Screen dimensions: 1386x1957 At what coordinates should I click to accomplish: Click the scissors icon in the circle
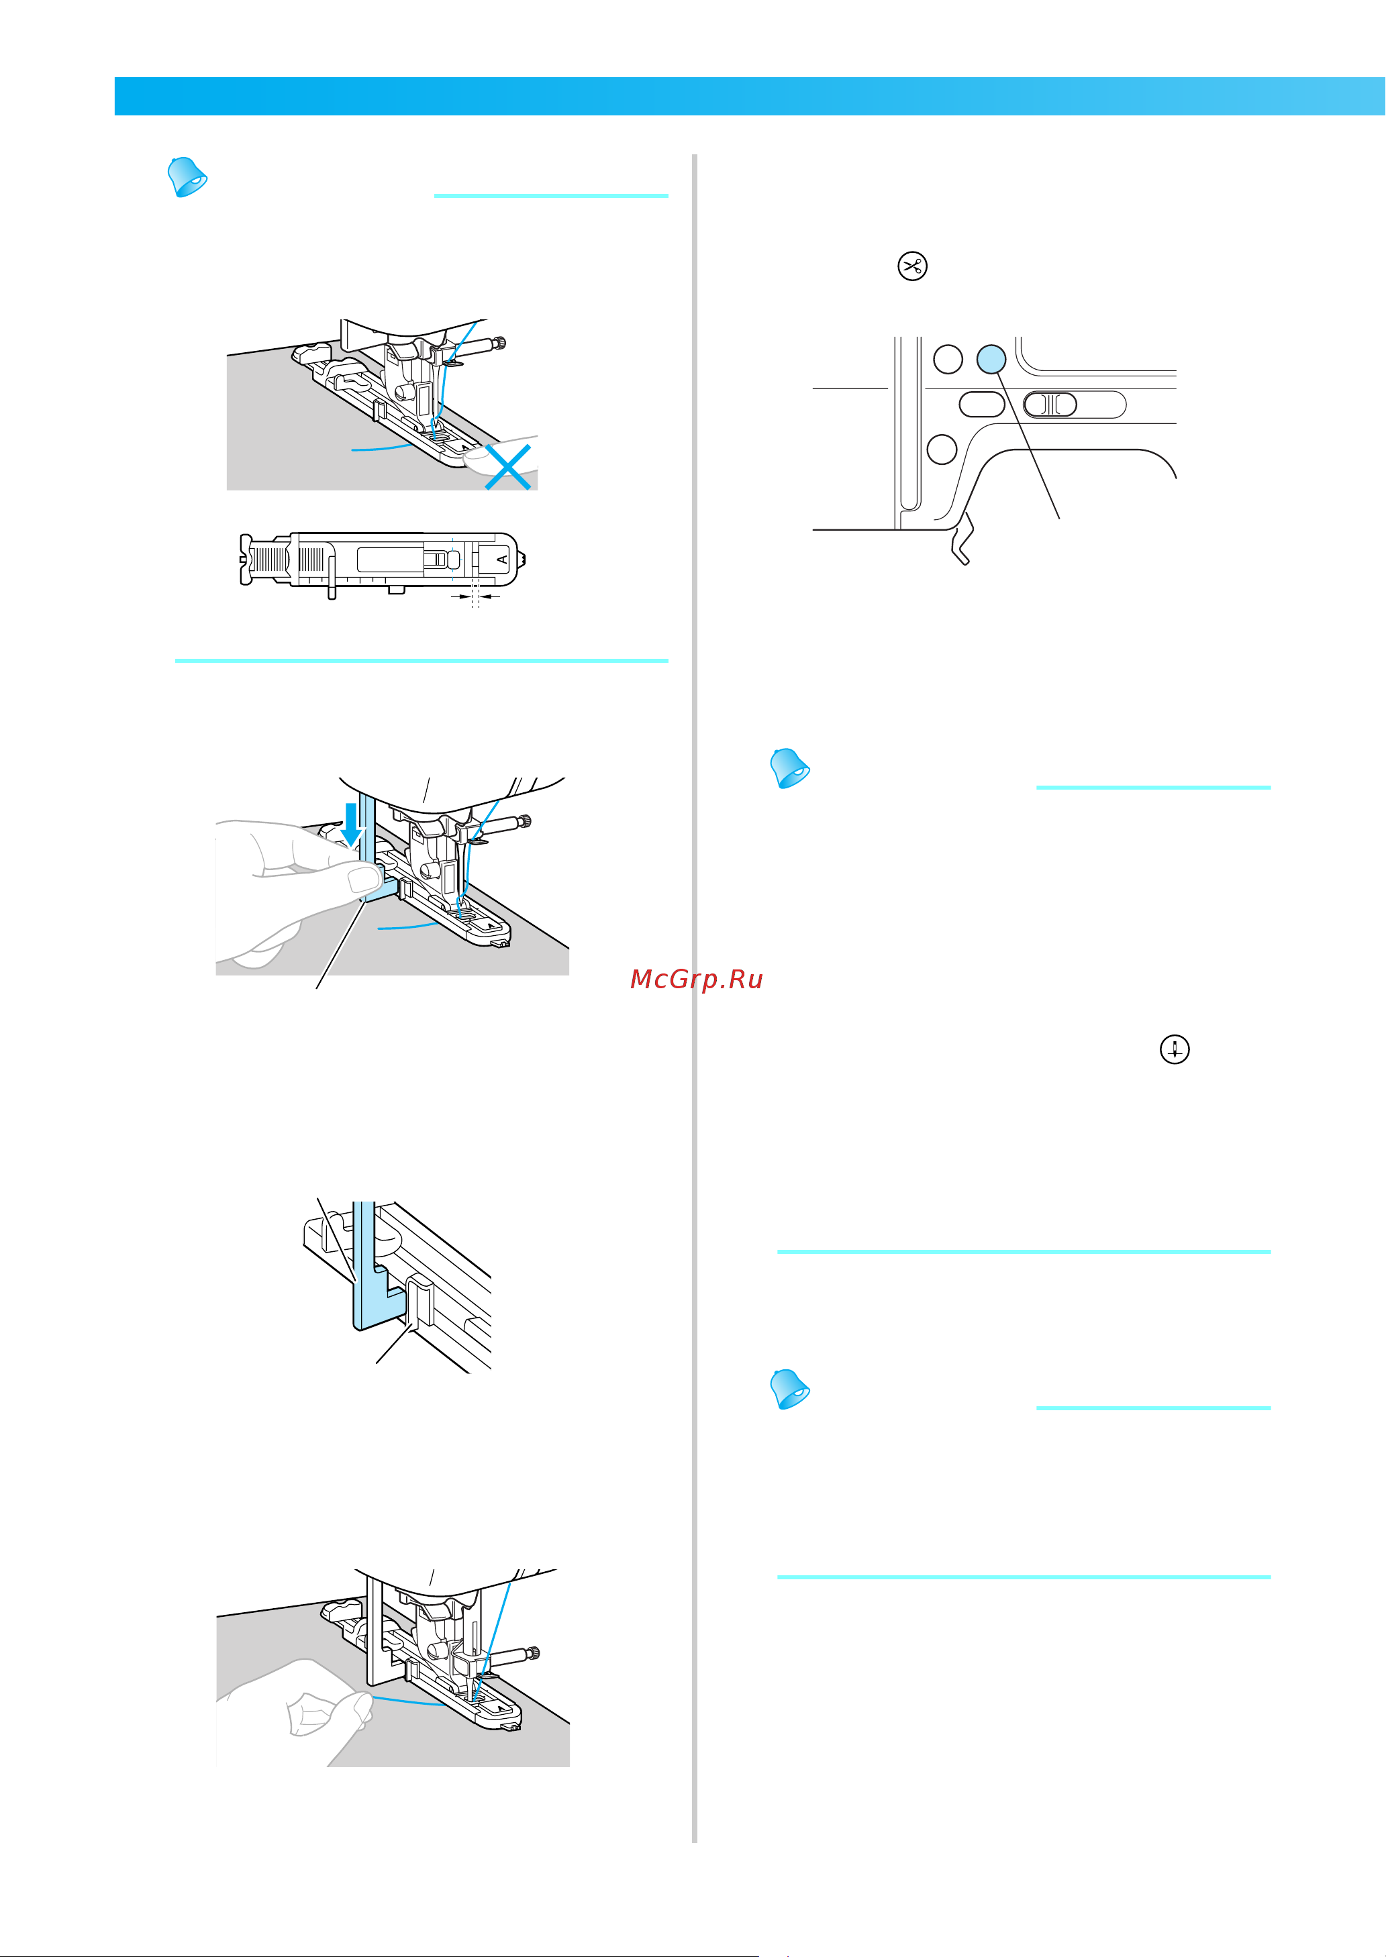[912, 266]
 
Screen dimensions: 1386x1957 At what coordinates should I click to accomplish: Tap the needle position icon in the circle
[1175, 1049]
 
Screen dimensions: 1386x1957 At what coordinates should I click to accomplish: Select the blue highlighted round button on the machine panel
[991, 359]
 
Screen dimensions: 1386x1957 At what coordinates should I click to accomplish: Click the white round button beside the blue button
[948, 359]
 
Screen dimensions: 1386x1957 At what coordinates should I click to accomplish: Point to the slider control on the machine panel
[1075, 405]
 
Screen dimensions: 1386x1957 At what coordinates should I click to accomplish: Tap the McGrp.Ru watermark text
[697, 980]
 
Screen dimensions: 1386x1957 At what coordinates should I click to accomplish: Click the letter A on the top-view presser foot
[503, 560]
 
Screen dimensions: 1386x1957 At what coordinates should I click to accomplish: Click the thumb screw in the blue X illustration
[500, 343]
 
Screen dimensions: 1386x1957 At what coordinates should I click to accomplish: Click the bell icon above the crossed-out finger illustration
[187, 176]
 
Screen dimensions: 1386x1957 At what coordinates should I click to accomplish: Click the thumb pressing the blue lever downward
[362, 879]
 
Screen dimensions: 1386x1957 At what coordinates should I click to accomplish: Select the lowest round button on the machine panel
[942, 449]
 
